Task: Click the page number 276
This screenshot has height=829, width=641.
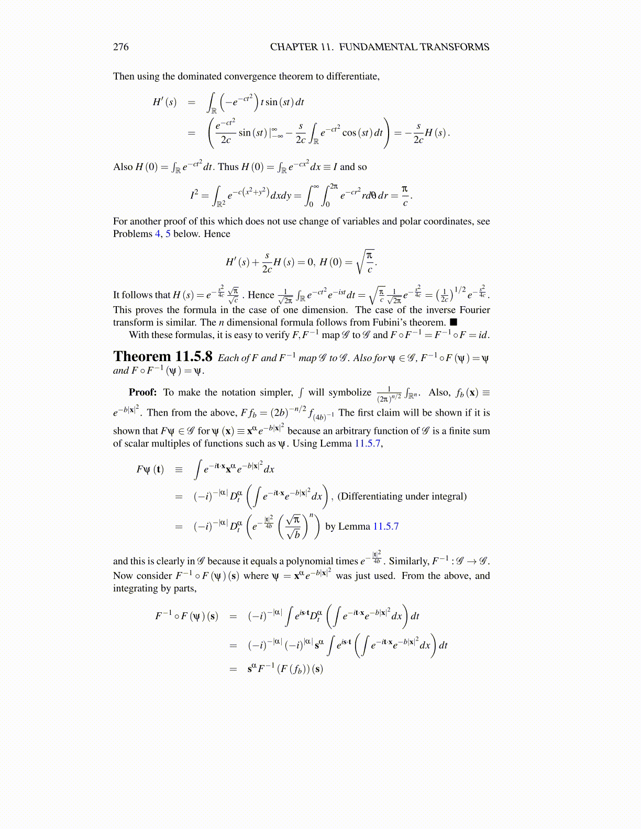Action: click(x=120, y=47)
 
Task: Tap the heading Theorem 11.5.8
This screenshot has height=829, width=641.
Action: click(x=163, y=357)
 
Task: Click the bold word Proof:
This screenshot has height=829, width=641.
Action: click(x=142, y=393)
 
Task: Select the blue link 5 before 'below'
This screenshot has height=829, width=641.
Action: click(x=168, y=234)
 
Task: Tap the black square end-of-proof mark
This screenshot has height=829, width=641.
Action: click(x=454, y=322)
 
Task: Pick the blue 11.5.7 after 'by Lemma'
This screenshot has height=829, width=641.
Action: click(x=385, y=526)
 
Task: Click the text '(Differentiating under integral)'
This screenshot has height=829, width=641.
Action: click(x=402, y=496)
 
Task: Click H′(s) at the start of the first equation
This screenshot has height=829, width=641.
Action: click(x=164, y=102)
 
